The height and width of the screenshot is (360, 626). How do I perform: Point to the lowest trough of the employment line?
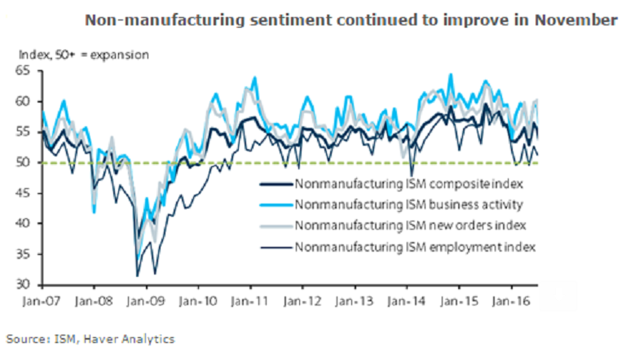tap(138, 275)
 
